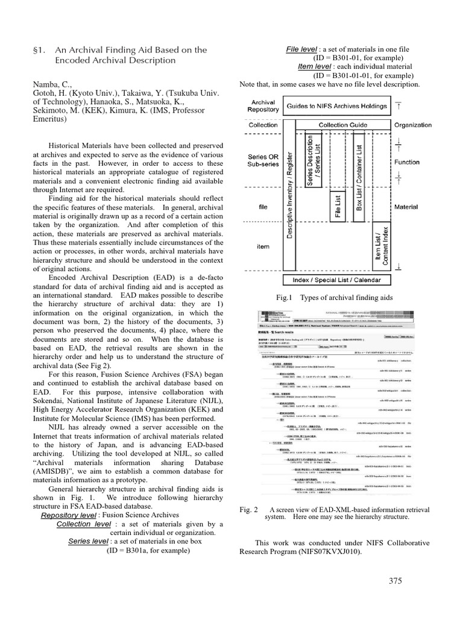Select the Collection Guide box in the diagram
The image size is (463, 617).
click(341, 125)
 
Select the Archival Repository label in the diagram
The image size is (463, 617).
click(263, 106)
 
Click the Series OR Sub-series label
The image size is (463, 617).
click(263, 161)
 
